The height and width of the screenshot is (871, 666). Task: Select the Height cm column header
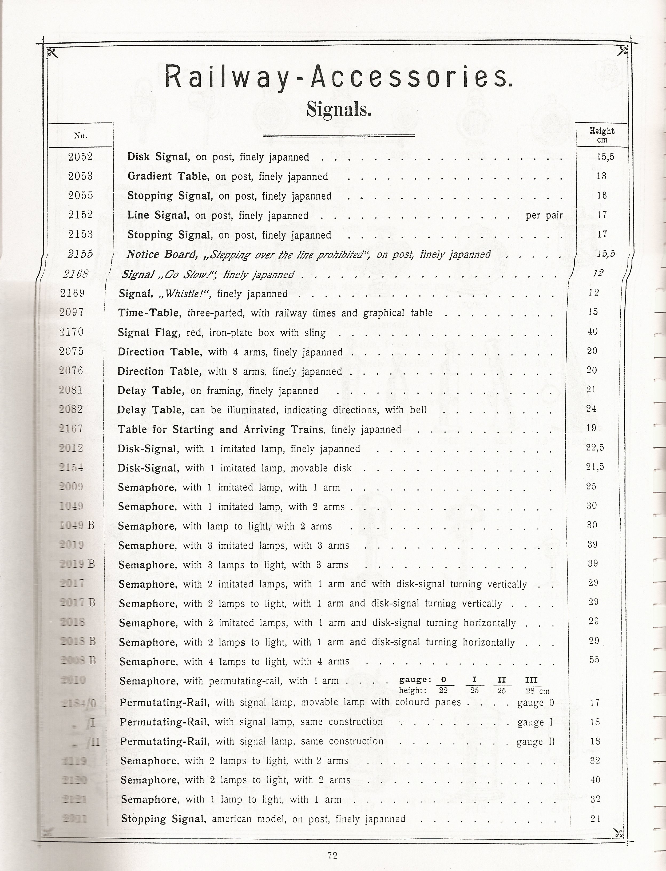click(601, 135)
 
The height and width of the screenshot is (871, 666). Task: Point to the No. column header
click(81, 136)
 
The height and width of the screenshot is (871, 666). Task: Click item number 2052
click(81, 157)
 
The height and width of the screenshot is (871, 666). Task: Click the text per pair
click(544, 215)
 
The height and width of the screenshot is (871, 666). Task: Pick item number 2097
click(72, 312)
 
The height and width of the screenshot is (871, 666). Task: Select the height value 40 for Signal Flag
click(592, 331)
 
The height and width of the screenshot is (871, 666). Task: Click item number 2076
click(71, 371)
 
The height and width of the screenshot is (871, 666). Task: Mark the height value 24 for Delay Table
click(591, 409)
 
